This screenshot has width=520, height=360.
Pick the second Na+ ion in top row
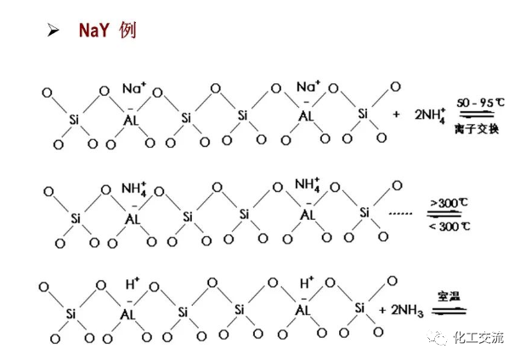(308, 87)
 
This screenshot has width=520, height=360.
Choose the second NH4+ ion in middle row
(308, 184)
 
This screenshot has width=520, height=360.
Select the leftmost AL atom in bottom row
(132, 311)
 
